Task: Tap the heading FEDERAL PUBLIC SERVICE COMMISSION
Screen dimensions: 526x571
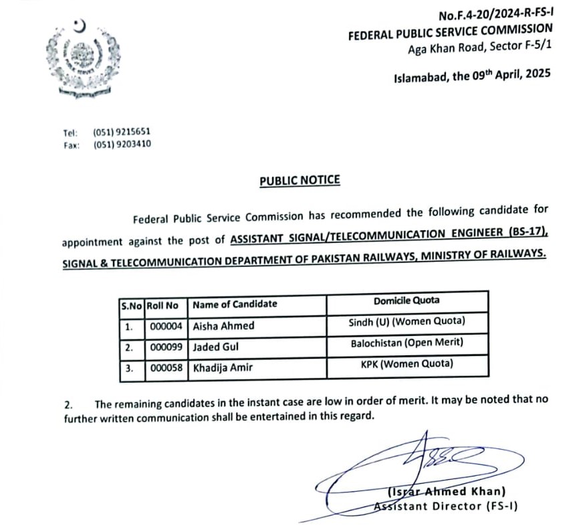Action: point(451,31)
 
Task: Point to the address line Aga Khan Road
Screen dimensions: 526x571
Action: point(480,48)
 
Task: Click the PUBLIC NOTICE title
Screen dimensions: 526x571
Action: point(300,180)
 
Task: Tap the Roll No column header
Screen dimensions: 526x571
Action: point(162,304)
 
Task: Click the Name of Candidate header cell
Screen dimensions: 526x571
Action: point(235,304)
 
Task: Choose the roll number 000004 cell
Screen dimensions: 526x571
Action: point(162,327)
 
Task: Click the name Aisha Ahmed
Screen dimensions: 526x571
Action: point(223,327)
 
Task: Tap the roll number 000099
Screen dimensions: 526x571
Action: point(162,348)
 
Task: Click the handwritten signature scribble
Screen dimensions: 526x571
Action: point(428,462)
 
